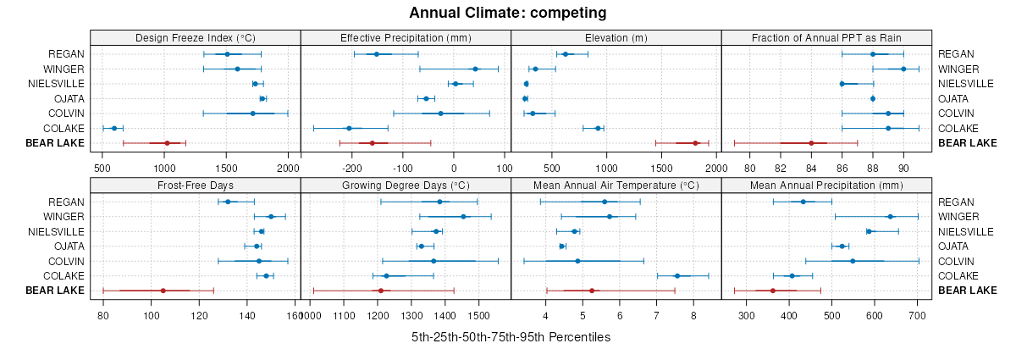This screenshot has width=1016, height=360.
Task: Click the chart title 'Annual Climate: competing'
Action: (x=507, y=13)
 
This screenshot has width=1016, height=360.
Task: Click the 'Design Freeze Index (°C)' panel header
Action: (x=195, y=38)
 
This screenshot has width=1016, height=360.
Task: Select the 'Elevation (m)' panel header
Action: (x=616, y=38)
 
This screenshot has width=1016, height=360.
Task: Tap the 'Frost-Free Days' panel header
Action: (x=195, y=186)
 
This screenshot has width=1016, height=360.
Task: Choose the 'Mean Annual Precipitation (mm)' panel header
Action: (x=826, y=186)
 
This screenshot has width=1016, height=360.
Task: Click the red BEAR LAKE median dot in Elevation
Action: (x=695, y=143)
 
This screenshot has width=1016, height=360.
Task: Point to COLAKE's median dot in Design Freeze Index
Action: (x=114, y=128)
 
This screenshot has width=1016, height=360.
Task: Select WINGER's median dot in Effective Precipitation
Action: (x=475, y=69)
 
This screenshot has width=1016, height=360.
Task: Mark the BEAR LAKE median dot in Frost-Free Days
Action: (x=163, y=291)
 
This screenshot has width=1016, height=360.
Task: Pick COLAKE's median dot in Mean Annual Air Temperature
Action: (x=676, y=275)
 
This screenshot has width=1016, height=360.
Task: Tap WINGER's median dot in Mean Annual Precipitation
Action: (x=890, y=217)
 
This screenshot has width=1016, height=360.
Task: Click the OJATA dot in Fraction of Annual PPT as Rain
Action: (x=873, y=98)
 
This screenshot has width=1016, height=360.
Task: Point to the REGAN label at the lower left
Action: (x=67, y=202)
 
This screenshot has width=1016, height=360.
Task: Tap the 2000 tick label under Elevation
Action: (x=716, y=168)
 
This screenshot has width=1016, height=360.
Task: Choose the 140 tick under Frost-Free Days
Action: (x=248, y=316)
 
